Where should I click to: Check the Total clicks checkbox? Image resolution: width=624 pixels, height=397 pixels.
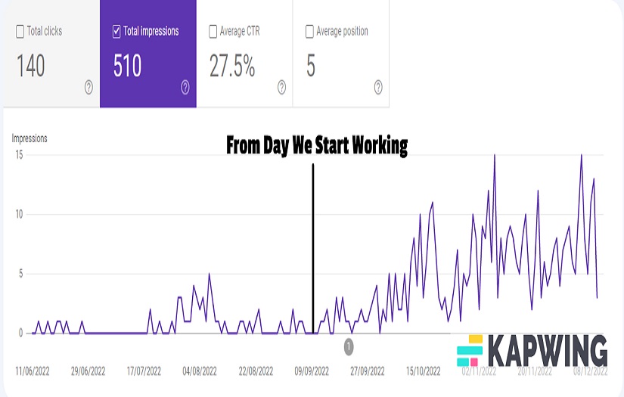click(20, 32)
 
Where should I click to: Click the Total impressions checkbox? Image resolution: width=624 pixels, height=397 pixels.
click(116, 32)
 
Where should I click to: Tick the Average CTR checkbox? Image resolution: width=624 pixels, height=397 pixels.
click(213, 32)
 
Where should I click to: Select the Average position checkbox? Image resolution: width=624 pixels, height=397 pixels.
click(309, 32)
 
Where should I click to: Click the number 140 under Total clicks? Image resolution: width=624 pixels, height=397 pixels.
click(31, 67)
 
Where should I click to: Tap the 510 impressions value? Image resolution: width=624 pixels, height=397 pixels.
click(127, 67)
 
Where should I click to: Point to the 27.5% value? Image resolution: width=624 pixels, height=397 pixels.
click(232, 67)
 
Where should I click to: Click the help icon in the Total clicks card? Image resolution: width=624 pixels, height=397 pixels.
click(88, 88)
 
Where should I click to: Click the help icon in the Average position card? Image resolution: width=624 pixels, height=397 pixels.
click(378, 88)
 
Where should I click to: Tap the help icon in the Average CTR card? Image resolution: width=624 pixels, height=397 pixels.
click(281, 88)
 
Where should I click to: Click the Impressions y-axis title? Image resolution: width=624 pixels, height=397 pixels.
click(29, 138)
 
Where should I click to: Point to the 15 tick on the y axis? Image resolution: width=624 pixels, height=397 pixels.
click(20, 155)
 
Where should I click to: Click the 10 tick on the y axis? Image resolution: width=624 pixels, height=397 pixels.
click(20, 214)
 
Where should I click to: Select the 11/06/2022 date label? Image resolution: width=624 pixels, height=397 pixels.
click(33, 371)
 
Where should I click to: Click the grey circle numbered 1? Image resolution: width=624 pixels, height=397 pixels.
click(349, 346)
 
